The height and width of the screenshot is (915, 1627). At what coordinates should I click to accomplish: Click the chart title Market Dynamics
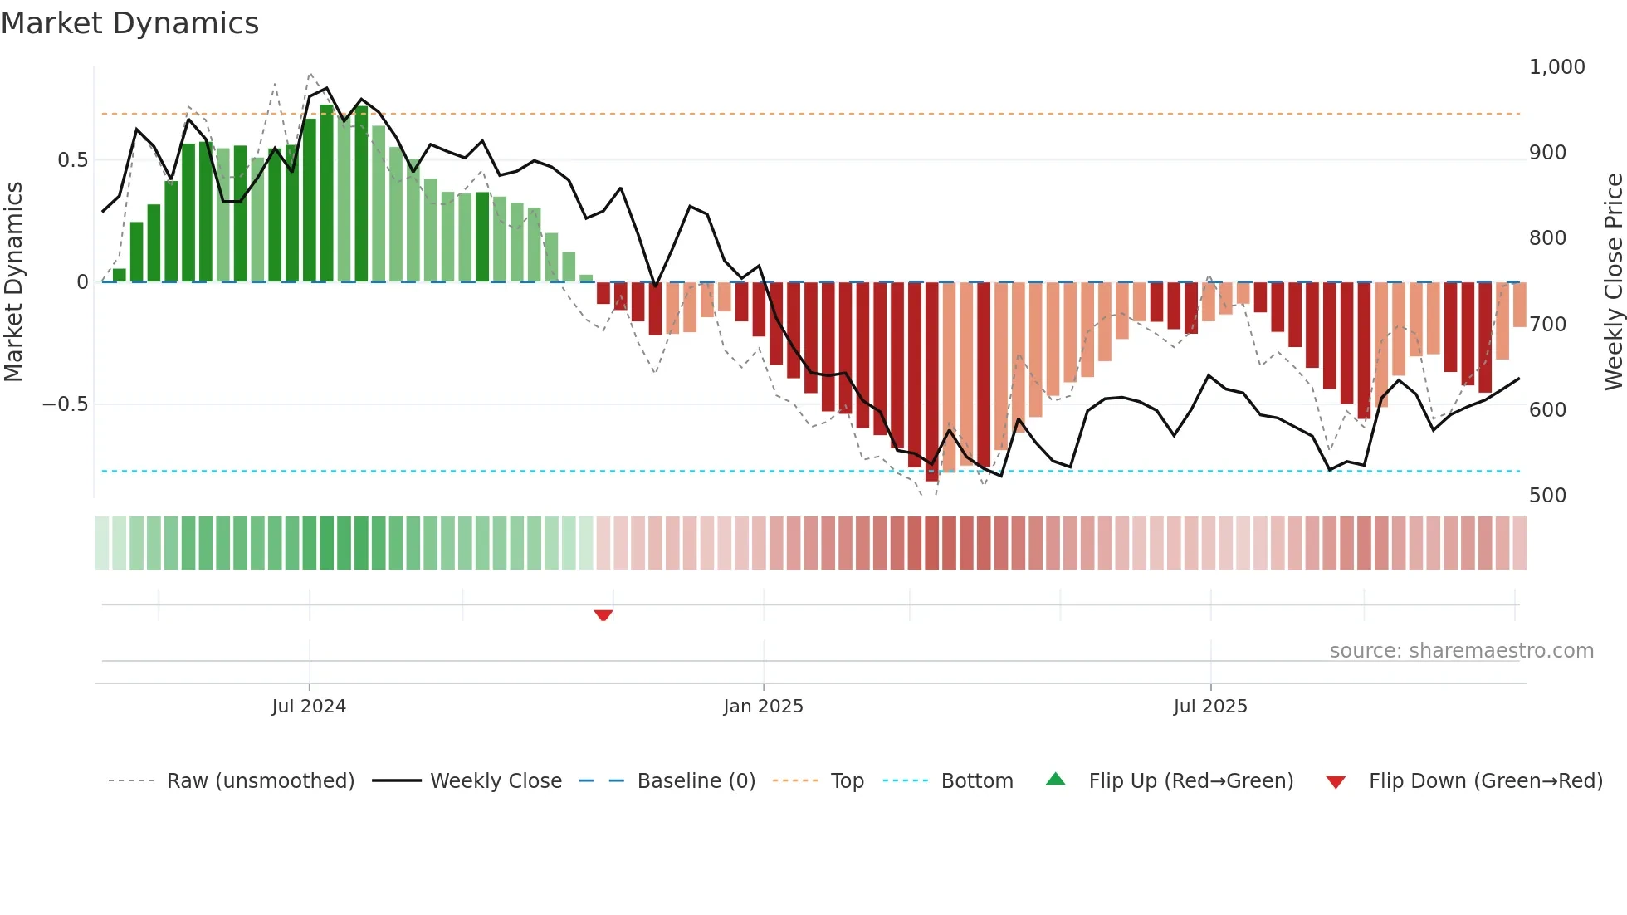[x=129, y=23]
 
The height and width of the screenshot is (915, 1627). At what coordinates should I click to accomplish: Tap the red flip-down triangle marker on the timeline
[x=603, y=615]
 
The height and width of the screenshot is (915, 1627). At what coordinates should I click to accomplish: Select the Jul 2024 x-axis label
[x=309, y=707]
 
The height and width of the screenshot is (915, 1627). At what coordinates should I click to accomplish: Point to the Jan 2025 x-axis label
[x=763, y=707]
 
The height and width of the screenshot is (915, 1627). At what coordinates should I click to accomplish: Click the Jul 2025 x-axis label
[x=1209, y=707]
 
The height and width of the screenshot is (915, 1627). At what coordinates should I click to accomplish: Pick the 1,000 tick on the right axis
[x=1556, y=67]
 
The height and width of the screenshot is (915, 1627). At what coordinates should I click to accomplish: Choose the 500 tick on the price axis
[x=1547, y=496]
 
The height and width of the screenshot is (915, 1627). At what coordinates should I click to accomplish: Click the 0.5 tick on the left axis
[x=72, y=160]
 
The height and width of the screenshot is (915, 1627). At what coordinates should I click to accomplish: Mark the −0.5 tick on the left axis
[x=65, y=404]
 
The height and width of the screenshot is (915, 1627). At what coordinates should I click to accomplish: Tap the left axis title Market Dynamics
[x=14, y=282]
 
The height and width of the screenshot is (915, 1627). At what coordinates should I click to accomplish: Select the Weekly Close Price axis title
[x=1613, y=282]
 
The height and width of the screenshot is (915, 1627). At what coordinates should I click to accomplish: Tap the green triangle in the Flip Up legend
[x=1055, y=780]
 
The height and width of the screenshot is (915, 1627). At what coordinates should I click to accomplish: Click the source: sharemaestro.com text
[x=1461, y=651]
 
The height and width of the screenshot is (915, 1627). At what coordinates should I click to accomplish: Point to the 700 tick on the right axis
[x=1547, y=325]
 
